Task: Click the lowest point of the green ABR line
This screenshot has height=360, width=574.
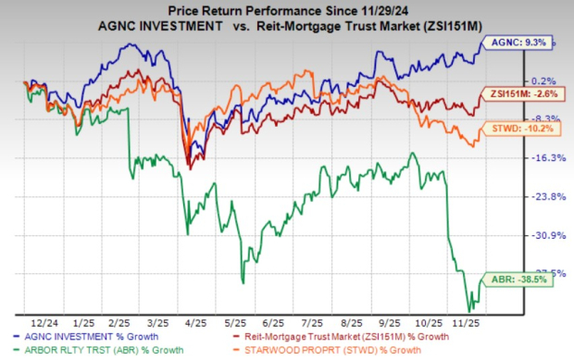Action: [469, 309]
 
